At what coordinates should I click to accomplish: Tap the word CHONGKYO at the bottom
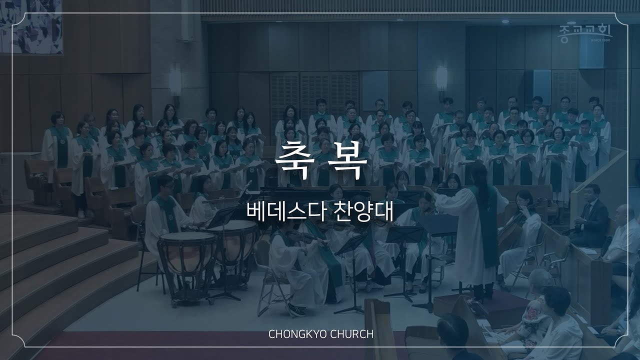(x=297, y=334)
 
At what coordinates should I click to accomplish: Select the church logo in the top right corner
(x=584, y=32)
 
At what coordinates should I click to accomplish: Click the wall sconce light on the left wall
(x=175, y=80)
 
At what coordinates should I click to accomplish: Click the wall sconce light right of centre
(x=441, y=77)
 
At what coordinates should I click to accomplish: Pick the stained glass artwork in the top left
(x=31, y=26)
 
